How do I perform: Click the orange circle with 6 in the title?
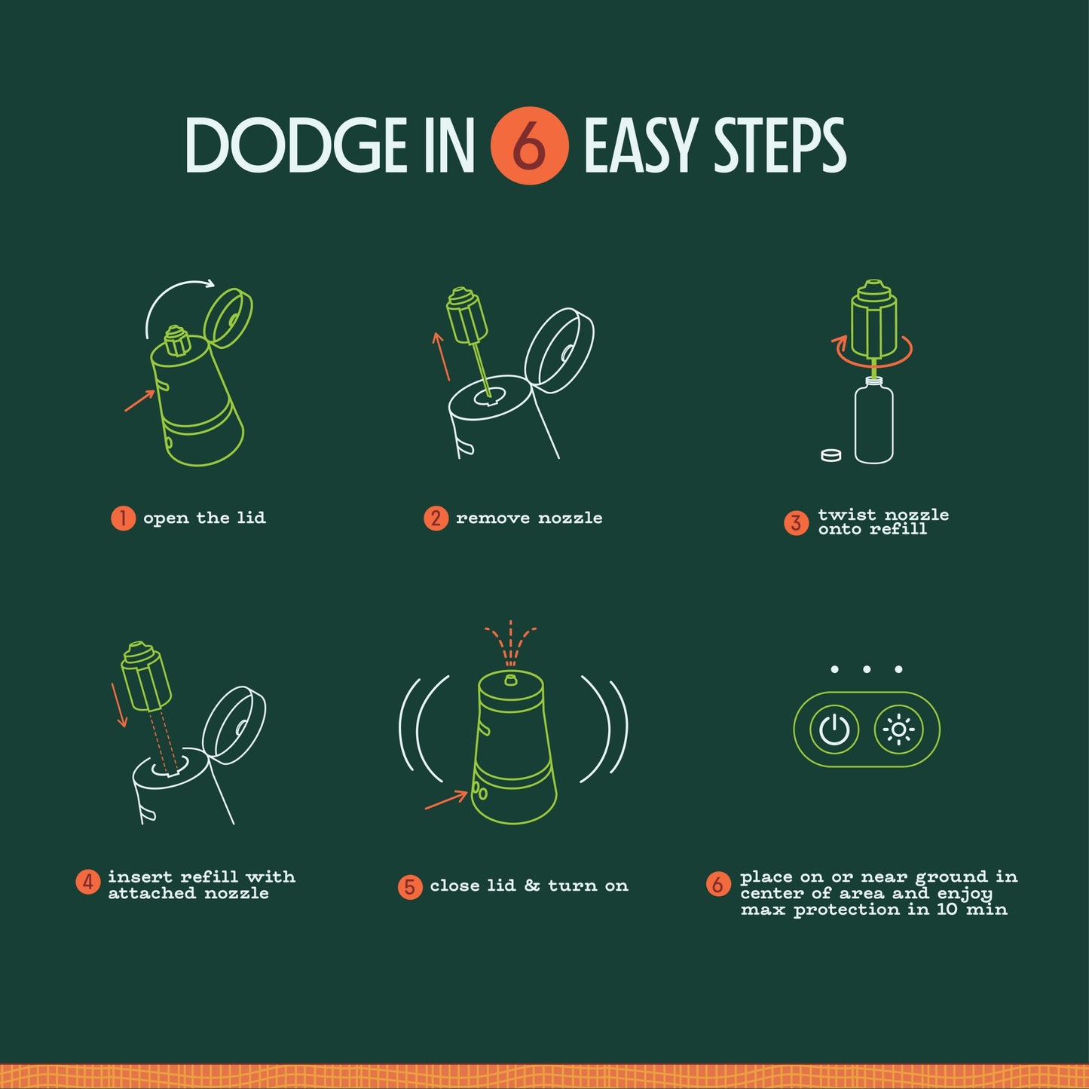pos(529,145)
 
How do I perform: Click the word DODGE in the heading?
pos(297,145)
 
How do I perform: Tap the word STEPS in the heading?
pos(780,145)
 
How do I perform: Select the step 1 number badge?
pos(123,518)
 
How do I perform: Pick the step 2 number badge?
pos(436,518)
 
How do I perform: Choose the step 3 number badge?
pos(797,522)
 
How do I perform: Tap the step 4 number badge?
pos(87,882)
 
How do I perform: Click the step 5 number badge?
pos(410,887)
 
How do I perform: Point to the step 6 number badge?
pos(717,883)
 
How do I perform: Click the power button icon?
pos(834,729)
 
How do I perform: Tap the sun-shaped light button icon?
pos(898,729)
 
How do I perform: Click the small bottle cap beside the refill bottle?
pos(831,455)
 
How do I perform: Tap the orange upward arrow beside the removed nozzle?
pos(442,356)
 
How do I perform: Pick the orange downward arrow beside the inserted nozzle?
pos(119,705)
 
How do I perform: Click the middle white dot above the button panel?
pos(867,670)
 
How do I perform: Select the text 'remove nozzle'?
pos(529,518)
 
